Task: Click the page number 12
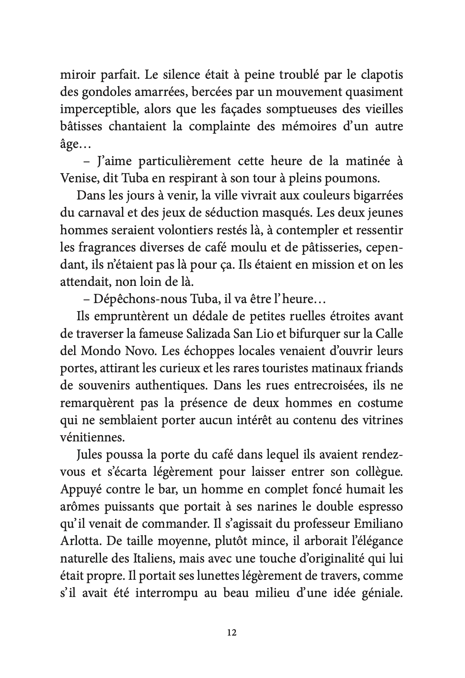point(232,633)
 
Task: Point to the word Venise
point(79,178)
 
